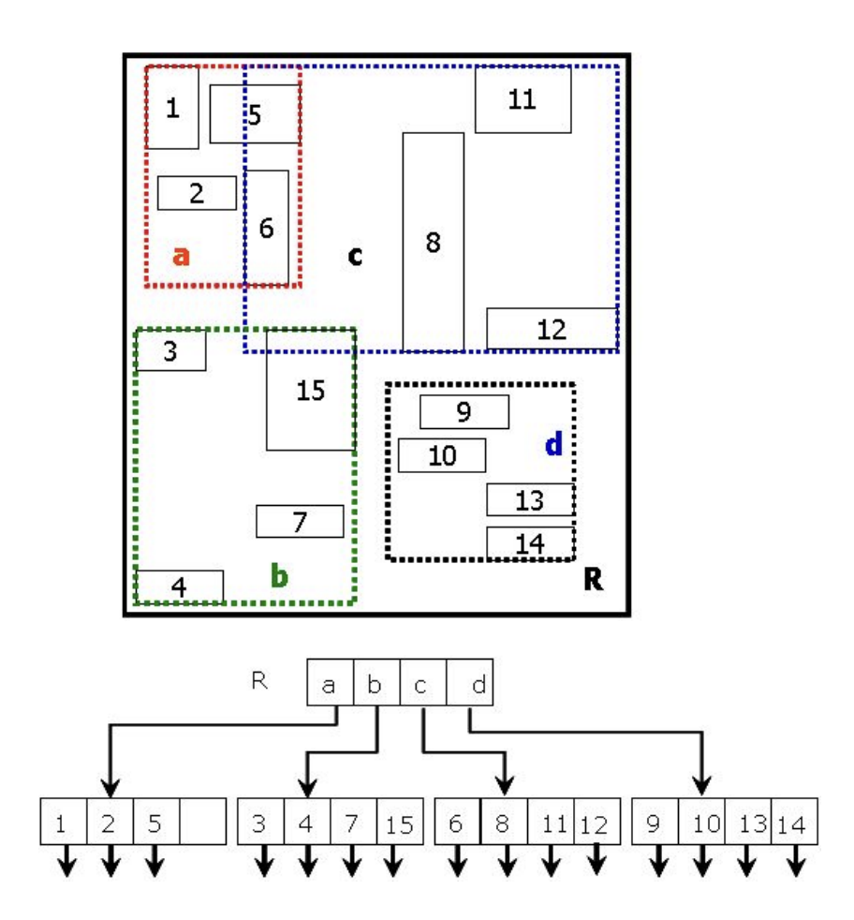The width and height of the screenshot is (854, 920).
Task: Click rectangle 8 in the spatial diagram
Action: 433,242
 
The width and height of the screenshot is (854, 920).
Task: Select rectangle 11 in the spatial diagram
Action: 523,100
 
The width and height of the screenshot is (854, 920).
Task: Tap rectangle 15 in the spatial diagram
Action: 310,391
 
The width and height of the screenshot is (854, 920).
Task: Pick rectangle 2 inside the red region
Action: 197,193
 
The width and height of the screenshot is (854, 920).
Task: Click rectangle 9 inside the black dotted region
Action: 464,411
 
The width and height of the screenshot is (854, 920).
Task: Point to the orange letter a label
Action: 181,255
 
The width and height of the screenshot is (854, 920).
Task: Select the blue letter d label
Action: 553,444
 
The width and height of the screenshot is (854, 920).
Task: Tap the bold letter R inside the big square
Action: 592,580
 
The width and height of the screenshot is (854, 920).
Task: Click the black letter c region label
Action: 355,255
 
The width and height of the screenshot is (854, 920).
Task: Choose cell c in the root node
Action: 422,684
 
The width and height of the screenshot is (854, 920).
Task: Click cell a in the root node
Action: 331,684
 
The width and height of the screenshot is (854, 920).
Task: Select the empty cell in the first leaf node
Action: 202,824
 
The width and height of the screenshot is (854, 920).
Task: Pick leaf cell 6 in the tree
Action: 457,824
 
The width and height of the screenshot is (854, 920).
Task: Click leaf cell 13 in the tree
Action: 748,824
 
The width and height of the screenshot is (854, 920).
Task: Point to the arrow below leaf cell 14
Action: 795,863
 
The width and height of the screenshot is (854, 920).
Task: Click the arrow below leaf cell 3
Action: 263,863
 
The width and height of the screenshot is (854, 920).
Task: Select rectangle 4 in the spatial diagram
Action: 181,586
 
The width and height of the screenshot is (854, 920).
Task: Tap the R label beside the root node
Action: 259,680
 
